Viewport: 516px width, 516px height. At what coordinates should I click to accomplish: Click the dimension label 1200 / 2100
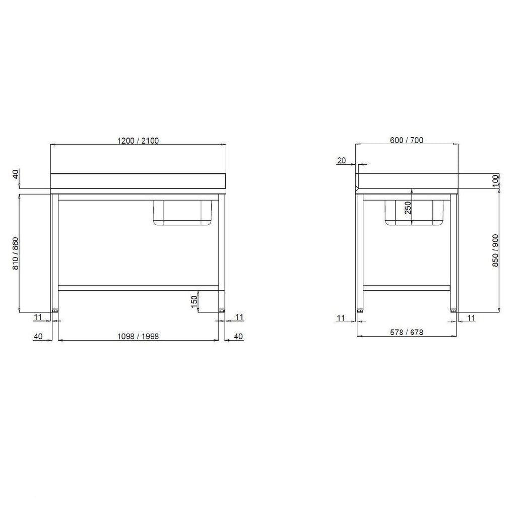(138, 141)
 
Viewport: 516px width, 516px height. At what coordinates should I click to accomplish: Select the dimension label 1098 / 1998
(138, 336)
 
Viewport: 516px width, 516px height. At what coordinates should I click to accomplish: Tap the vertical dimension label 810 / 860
(16, 253)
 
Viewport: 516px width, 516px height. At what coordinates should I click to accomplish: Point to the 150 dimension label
(194, 302)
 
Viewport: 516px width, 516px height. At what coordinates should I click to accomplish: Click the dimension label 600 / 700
(407, 140)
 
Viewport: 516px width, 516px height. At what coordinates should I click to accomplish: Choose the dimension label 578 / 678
(407, 332)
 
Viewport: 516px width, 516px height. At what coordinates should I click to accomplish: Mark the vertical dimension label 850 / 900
(495, 250)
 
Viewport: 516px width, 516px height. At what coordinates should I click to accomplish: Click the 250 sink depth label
(408, 208)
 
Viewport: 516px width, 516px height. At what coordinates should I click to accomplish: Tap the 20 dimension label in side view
(342, 160)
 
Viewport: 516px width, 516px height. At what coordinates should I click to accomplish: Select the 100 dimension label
(496, 181)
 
